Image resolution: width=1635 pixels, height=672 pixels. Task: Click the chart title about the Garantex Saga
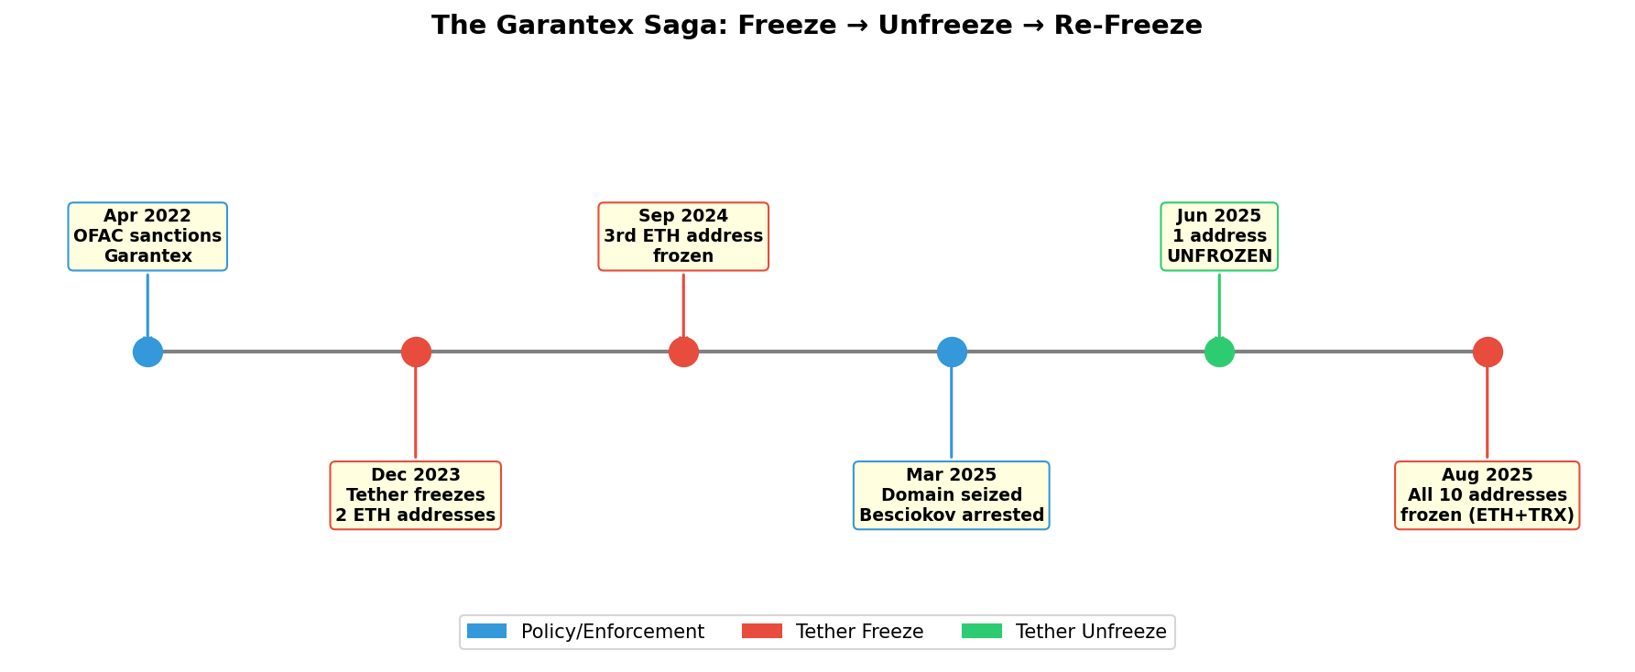tap(816, 26)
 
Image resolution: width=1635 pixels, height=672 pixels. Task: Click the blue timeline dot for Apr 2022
tap(147, 352)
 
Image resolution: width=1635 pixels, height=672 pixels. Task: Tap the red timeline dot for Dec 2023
tap(416, 352)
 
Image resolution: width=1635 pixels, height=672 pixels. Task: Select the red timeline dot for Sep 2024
tap(683, 352)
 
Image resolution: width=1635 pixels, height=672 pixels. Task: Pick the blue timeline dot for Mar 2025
tap(952, 352)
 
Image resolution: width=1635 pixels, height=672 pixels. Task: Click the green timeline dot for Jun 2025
tap(1219, 352)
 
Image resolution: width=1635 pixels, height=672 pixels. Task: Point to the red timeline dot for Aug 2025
tap(1488, 352)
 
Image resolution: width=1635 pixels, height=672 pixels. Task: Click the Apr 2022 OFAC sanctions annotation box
tap(147, 236)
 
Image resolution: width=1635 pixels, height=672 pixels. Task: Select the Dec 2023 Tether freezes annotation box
tap(416, 495)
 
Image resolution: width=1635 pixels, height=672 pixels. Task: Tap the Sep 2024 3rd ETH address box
tap(683, 236)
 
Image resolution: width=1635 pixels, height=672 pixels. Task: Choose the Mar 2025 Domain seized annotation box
tap(952, 495)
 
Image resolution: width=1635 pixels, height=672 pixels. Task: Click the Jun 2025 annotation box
tap(1219, 236)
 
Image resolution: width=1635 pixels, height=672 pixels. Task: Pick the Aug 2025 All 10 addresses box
tap(1488, 495)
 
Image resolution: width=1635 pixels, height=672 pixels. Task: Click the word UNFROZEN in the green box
tap(1219, 256)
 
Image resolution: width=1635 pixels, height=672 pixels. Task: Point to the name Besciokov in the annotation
tap(903, 515)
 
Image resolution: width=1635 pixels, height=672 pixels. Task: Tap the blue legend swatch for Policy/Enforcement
tap(486, 631)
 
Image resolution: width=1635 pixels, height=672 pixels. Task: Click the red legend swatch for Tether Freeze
tap(762, 631)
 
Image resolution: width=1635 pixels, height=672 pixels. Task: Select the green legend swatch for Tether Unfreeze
tap(982, 631)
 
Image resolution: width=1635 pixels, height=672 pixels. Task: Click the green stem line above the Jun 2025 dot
tap(1219, 306)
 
